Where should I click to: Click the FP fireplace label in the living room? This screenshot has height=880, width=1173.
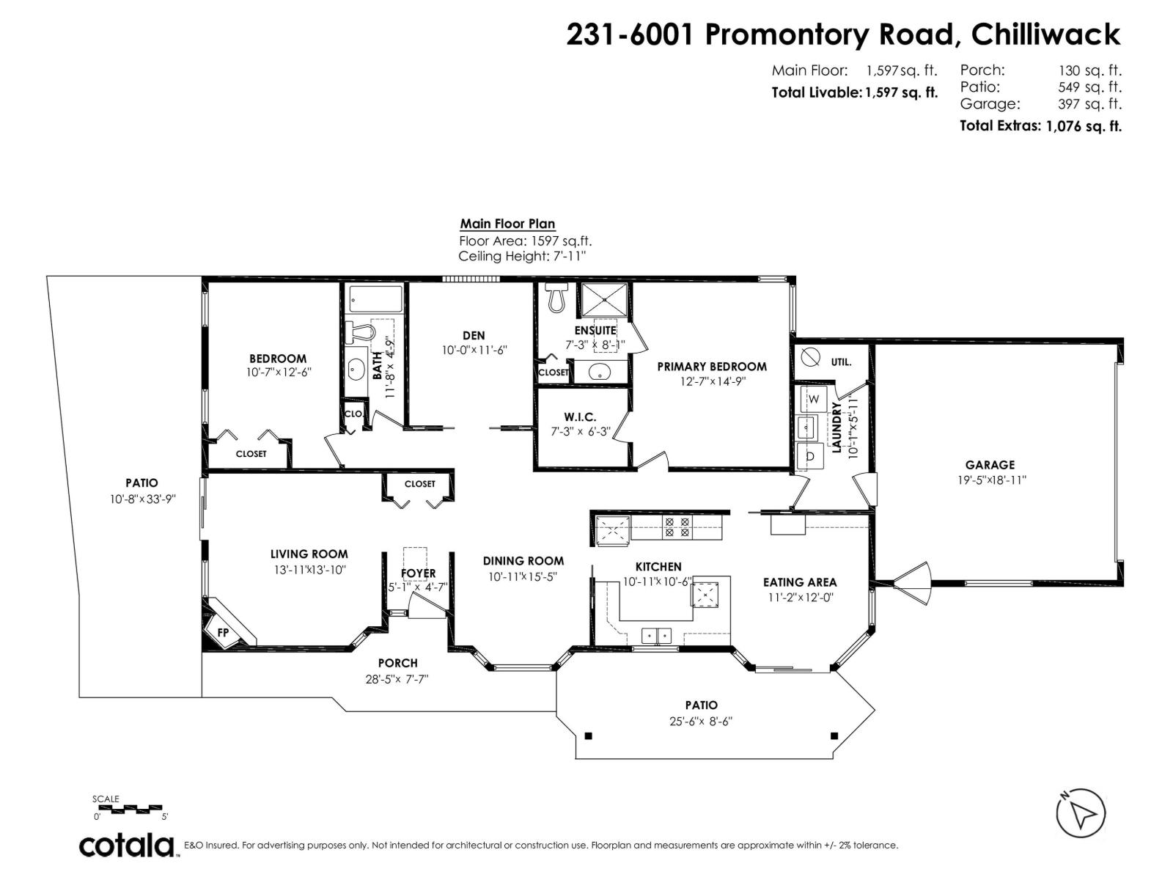(x=223, y=632)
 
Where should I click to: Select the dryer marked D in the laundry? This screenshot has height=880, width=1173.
(x=811, y=455)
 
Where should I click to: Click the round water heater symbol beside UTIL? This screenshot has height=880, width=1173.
(x=811, y=358)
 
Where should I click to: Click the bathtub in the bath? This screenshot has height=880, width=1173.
(x=375, y=299)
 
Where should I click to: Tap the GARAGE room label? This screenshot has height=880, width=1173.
(x=990, y=464)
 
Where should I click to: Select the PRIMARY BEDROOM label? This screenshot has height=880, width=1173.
(x=711, y=367)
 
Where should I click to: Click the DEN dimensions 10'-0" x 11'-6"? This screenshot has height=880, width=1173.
(x=474, y=351)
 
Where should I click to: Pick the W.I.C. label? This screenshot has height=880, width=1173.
(x=580, y=417)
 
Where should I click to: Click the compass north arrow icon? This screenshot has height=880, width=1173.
(x=1080, y=813)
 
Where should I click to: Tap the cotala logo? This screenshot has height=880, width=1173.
(x=127, y=845)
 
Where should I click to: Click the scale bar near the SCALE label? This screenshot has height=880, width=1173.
(x=130, y=808)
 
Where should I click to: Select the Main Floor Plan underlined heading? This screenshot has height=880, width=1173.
(x=507, y=224)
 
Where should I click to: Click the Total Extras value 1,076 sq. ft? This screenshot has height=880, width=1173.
(x=1084, y=125)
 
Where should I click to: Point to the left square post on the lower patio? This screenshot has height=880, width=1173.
(x=588, y=736)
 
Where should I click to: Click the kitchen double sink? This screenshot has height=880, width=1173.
(x=657, y=635)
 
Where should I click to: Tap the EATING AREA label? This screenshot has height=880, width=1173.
(x=799, y=582)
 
